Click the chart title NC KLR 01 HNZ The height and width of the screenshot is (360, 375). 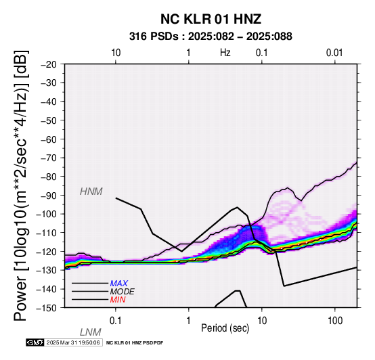(211, 19)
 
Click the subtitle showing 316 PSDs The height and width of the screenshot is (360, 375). (211, 37)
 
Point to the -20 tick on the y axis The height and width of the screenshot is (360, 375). (49, 64)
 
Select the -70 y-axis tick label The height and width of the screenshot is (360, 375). (49, 158)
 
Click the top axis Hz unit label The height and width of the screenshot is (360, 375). (225, 53)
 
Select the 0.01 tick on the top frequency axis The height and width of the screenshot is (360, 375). (334, 53)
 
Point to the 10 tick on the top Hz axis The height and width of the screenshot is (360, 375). (116, 53)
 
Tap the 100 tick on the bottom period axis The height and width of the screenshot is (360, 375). (335, 321)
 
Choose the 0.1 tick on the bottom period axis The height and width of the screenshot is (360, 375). (116, 321)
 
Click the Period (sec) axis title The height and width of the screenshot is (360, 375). (225, 328)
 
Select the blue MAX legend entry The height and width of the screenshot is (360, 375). (119, 284)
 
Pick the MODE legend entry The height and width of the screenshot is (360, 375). (123, 292)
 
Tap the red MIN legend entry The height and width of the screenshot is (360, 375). (118, 300)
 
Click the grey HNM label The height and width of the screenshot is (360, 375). (91, 192)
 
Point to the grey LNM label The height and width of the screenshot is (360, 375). (91, 332)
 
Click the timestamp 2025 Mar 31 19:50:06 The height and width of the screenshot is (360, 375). (73, 342)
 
